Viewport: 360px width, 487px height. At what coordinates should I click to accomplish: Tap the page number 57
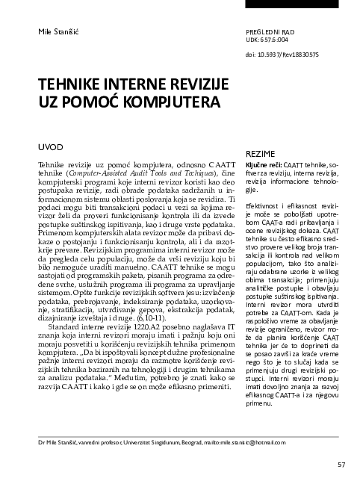click(341, 465)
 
